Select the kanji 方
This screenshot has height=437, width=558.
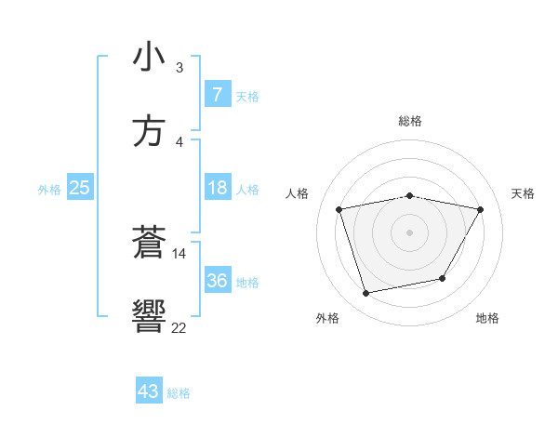[x=149, y=131]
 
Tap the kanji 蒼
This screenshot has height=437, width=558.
[x=149, y=243]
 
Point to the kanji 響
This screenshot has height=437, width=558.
[x=149, y=317]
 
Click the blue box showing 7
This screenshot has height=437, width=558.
[x=217, y=94]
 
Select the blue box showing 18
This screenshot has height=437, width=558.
[x=217, y=188]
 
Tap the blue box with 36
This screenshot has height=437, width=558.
[x=217, y=281]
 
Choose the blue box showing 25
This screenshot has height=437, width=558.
[x=79, y=188]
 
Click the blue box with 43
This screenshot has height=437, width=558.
[x=148, y=391]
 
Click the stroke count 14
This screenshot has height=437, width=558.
[x=179, y=252]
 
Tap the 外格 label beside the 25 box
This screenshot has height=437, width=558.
[x=49, y=189]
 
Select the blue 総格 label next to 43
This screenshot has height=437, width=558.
[x=179, y=393]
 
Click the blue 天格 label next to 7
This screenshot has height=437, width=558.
[x=246, y=96]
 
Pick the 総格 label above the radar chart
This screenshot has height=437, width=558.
[x=409, y=121]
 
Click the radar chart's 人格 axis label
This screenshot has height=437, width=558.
[x=298, y=193]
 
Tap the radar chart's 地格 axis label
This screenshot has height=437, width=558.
[x=487, y=318]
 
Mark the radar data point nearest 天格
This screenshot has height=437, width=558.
[x=480, y=209]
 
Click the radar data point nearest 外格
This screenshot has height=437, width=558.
[x=365, y=294]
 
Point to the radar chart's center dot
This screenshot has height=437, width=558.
[x=409, y=232]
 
